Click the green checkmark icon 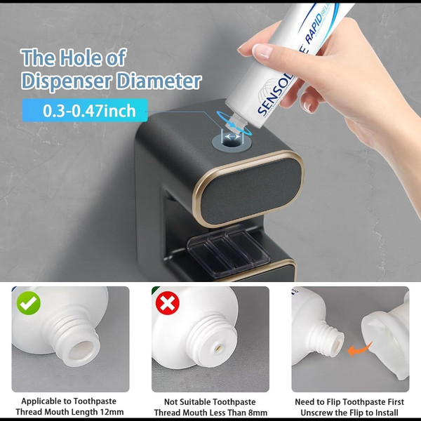(29, 303)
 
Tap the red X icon (168, 303)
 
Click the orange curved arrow (359, 349)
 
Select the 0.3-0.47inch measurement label (85, 110)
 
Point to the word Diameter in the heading (159, 81)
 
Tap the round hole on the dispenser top (232, 142)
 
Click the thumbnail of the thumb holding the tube (262, 51)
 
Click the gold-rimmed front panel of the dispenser (249, 188)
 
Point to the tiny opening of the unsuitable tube (219, 348)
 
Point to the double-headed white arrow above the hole (232, 137)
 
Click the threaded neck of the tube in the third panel (330, 339)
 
